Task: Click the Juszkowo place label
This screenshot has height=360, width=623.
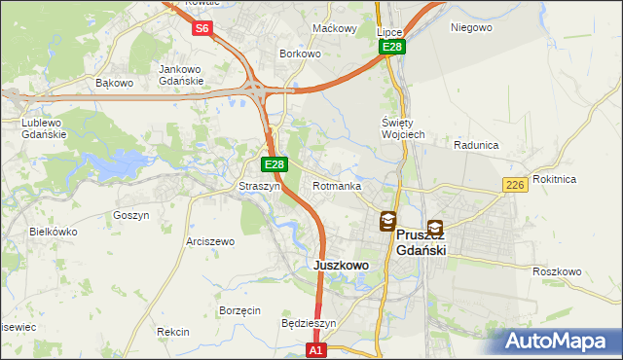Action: point(341,265)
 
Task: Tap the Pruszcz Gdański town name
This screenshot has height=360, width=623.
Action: point(421,242)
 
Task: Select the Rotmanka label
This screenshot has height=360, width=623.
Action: point(337,186)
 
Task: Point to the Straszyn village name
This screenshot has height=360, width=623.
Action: point(260,186)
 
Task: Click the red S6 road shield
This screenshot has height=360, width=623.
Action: point(202,28)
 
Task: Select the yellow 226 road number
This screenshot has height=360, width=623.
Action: point(516,185)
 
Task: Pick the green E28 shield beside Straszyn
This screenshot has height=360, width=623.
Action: point(275,165)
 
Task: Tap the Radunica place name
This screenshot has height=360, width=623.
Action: point(476,145)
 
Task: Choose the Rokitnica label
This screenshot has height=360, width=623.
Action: point(582,179)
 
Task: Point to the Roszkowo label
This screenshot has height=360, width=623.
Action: point(557,271)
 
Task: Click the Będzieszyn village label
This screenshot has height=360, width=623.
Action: point(308,323)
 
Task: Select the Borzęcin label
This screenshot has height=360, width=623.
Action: point(239,310)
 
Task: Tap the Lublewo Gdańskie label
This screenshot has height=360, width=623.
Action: point(44,129)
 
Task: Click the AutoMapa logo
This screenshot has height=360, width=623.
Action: point(558,342)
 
